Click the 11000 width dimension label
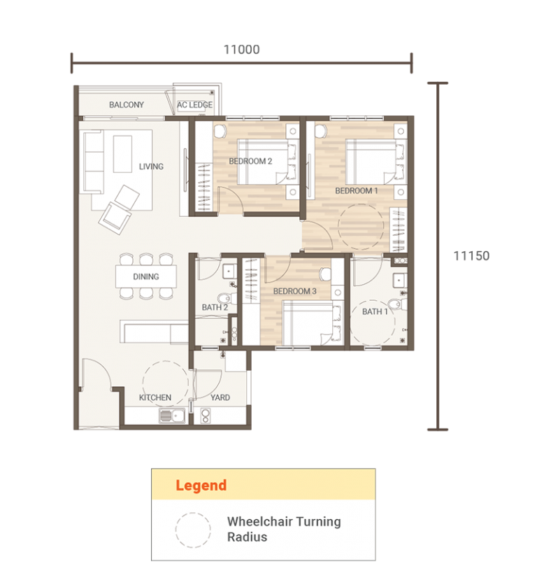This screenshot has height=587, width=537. coord(241,50)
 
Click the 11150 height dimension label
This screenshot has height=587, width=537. coord(471,256)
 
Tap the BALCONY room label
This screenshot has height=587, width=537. coord(127,105)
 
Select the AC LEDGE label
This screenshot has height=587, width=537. coord(195,105)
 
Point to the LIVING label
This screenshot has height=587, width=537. coord(151,167)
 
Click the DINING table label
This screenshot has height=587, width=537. coord(145,277)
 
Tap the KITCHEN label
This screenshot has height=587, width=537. coord(155,397)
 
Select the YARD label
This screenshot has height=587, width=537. coord(220,397)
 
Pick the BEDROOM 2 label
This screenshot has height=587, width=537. coord(250,161)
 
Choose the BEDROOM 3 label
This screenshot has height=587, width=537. coord(294,291)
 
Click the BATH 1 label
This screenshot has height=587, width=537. coord(375,312)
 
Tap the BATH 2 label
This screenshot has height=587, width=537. coord(215,307)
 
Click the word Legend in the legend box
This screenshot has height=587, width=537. coord(201,485)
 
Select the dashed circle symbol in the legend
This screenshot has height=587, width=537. coord(193,530)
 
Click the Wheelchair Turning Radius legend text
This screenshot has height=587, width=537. coord(283,530)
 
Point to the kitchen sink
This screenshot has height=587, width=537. coord(171,416)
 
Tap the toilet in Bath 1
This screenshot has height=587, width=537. coord(396,303)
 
